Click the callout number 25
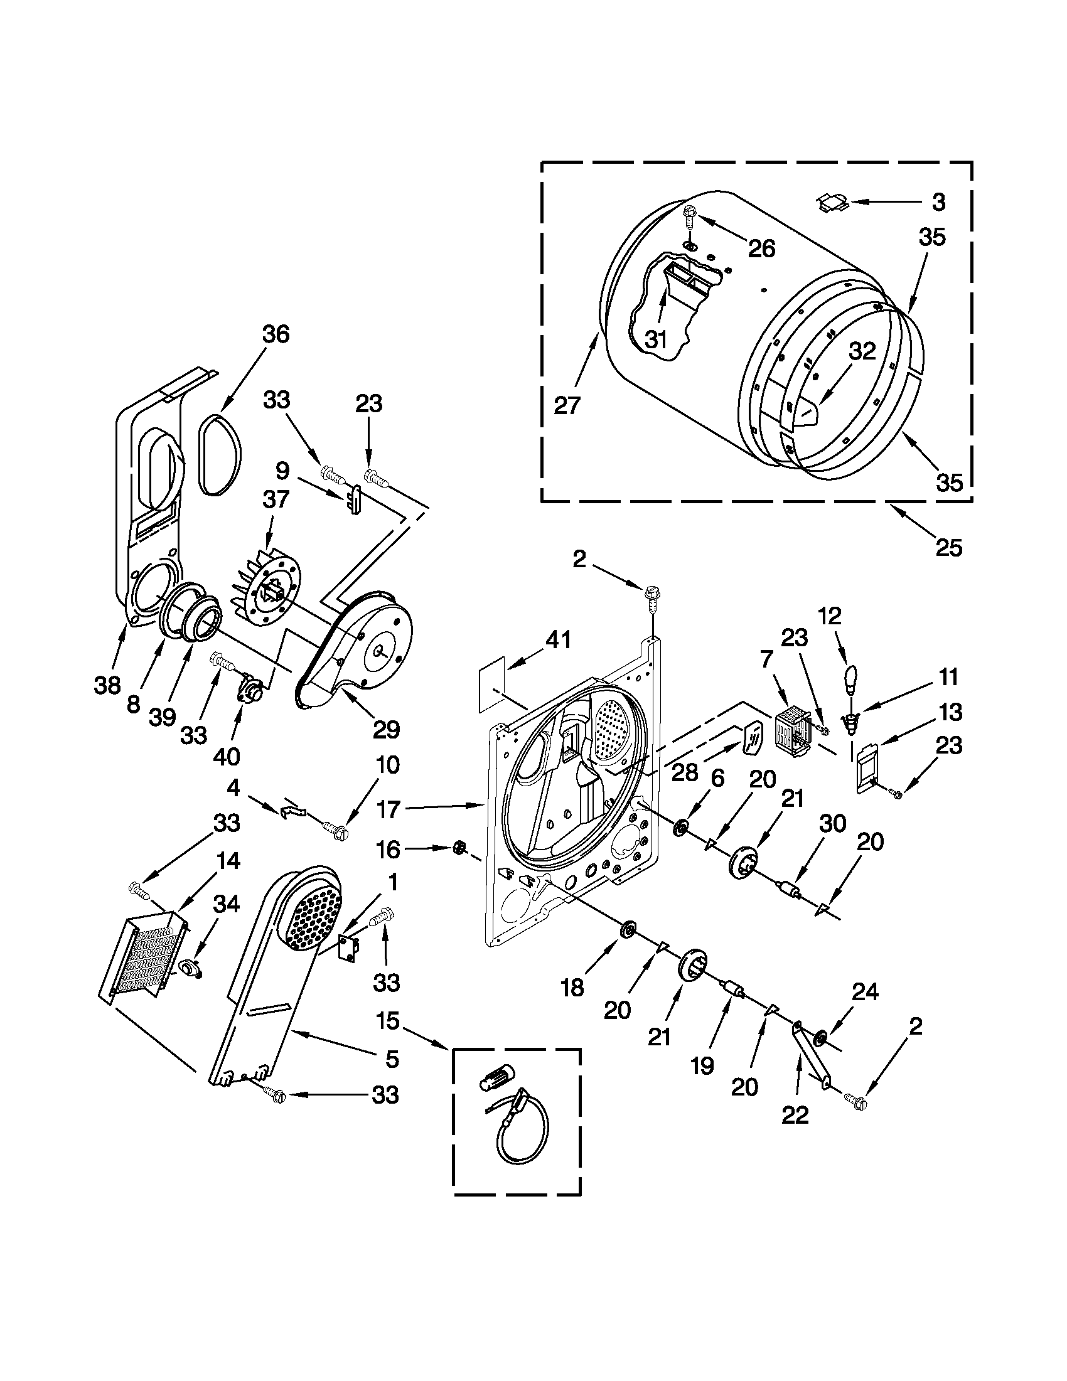(949, 547)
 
